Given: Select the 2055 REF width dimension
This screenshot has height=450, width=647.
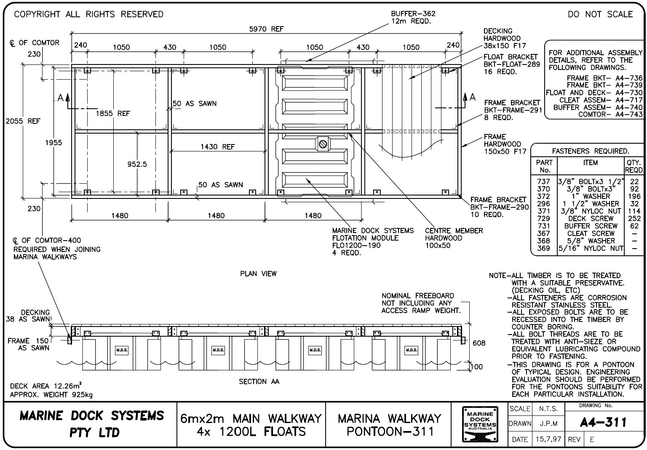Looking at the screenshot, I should click(x=23, y=121).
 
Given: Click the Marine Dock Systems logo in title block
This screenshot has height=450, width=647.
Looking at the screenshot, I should click(x=480, y=424).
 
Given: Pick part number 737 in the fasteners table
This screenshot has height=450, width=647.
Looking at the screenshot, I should click(x=543, y=182).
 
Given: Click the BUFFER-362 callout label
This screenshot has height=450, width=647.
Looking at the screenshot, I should click(x=407, y=13).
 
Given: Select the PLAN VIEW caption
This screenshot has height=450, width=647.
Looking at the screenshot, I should click(x=258, y=274).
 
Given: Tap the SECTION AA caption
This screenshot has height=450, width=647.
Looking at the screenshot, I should click(x=259, y=382).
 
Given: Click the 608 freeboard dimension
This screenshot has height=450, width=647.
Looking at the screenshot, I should click(x=479, y=343).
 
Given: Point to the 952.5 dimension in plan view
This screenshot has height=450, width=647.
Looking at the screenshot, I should click(x=137, y=164).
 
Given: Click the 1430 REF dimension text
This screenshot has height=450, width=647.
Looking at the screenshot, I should click(x=217, y=147).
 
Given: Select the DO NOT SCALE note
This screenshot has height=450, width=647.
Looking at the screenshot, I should click(x=600, y=14).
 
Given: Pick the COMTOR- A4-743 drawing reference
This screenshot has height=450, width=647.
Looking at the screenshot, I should click(x=610, y=114).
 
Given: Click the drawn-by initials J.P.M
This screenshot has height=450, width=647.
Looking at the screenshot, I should click(x=548, y=423).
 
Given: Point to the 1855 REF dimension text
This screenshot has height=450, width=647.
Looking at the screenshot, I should click(x=112, y=113).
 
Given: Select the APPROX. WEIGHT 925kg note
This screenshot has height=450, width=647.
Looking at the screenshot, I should click(x=51, y=395).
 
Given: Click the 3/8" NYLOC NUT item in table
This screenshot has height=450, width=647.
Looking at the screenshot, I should click(x=591, y=211).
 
